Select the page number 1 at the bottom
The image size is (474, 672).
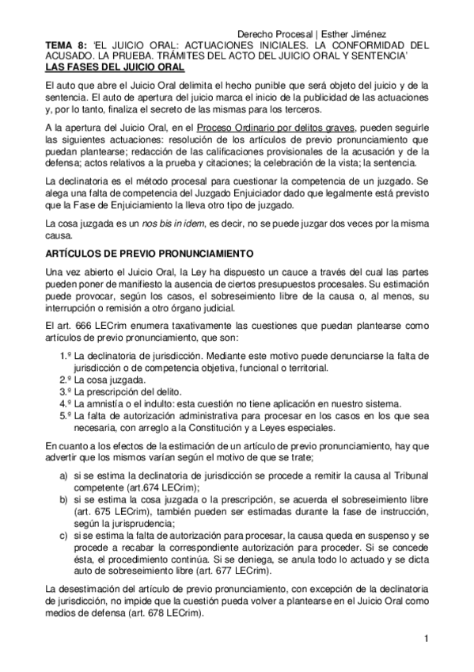[x=426, y=639]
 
